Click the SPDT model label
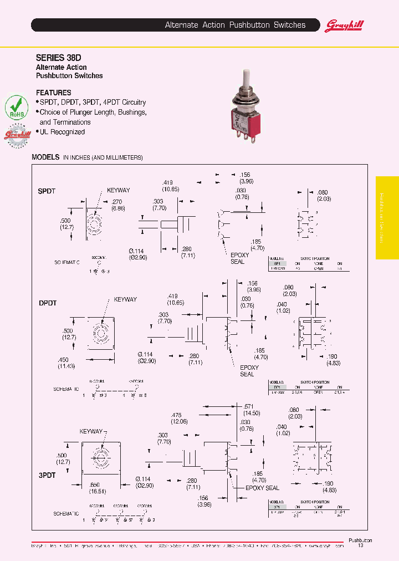(47, 191)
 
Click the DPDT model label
(48, 303)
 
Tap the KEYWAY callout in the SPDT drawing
(117, 190)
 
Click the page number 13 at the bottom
(360, 546)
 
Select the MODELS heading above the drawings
(45, 157)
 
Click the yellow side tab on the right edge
(387, 217)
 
